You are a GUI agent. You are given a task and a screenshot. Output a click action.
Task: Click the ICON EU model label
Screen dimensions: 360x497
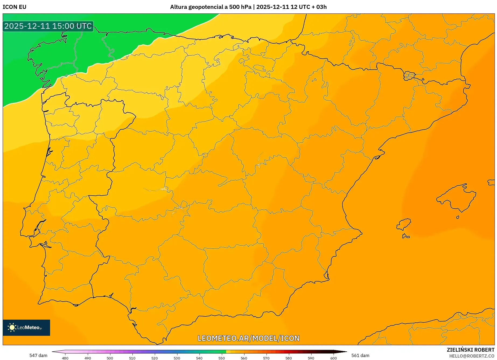click(15, 7)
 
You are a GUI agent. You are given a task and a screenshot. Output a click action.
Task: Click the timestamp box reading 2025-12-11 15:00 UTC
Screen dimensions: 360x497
click(48, 26)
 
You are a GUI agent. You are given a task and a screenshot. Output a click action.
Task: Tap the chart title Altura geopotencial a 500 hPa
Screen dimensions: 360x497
click(211, 7)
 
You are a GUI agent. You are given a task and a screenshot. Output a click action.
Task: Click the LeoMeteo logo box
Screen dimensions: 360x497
click(26, 327)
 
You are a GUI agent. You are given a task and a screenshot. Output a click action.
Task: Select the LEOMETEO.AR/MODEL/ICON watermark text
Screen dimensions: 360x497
click(248, 338)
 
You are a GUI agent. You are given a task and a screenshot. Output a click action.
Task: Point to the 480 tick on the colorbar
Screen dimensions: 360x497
click(65, 358)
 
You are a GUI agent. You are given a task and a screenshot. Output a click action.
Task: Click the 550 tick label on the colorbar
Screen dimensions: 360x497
click(222, 358)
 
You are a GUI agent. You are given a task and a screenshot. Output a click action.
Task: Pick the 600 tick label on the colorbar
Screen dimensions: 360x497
click(333, 358)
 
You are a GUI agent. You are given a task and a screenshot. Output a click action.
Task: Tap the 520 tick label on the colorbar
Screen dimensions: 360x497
click(155, 358)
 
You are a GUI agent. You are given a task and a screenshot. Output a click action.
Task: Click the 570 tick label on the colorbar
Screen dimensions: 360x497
click(266, 358)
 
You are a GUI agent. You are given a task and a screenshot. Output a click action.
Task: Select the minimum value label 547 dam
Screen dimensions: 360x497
click(38, 355)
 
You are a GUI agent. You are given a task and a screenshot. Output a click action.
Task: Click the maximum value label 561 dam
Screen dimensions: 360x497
click(360, 355)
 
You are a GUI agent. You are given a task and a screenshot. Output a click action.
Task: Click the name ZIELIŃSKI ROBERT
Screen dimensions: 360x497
click(470, 350)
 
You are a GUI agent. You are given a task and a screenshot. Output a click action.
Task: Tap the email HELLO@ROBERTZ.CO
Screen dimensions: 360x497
click(472, 356)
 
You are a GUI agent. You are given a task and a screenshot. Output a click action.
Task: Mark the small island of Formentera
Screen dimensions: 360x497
click(406, 237)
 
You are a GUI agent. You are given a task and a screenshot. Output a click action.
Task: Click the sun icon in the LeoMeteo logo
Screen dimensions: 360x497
click(12, 327)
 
